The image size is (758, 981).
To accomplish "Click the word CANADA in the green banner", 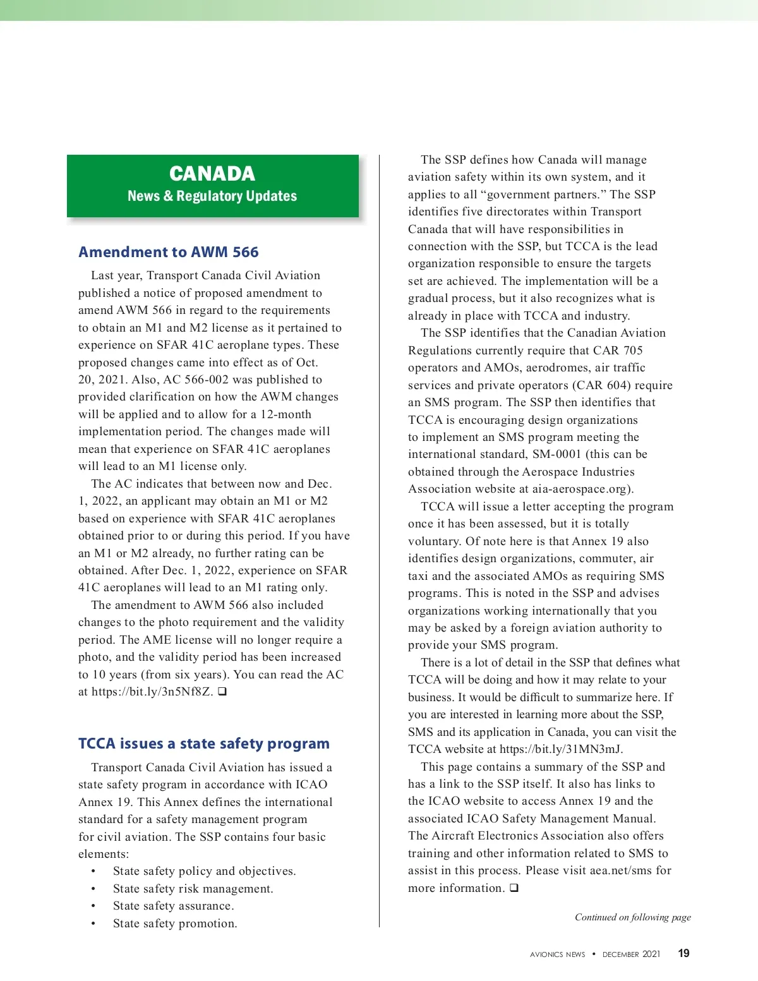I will point(212,174).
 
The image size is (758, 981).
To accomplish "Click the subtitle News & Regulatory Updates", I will point(212,196).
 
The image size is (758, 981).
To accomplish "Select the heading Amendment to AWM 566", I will point(169,252).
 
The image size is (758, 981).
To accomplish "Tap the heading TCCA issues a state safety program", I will point(204,743).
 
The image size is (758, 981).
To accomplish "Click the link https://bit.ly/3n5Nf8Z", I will point(152,692).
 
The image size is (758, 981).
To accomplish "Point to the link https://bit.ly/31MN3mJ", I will point(561,749).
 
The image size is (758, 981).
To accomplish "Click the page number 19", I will point(683,953).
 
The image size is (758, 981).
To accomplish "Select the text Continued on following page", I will point(632,917).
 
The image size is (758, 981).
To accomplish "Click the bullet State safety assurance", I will point(173,906).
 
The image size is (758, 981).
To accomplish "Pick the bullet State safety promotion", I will point(175,924).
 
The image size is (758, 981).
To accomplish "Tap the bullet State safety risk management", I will point(193,889).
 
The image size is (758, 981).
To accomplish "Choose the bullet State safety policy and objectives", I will point(204,871).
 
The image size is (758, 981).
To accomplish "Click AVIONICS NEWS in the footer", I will point(557,954).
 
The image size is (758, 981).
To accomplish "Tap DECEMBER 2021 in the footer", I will point(631,954).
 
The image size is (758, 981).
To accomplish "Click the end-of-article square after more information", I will point(514,888).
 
